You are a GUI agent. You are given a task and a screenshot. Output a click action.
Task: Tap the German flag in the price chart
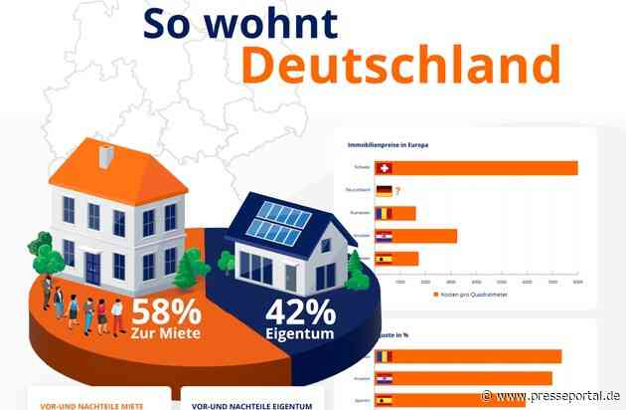385,190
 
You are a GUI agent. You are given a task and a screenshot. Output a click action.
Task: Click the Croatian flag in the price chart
385,236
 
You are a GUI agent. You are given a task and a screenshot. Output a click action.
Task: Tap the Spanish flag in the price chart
385,258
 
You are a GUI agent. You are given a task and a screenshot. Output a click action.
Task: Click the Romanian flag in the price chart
385,213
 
